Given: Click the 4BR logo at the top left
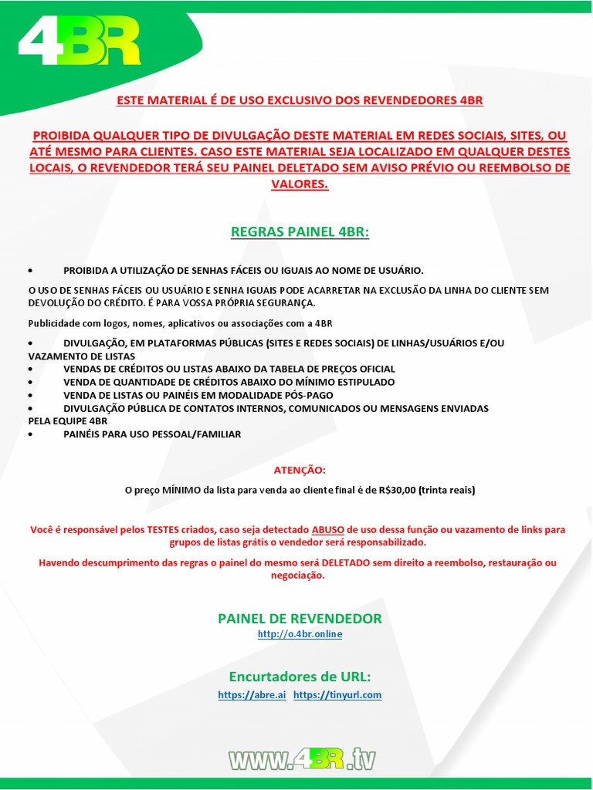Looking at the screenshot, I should [80, 43].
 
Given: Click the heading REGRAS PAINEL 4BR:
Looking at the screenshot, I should [300, 232].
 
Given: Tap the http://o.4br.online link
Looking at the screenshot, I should [300, 634].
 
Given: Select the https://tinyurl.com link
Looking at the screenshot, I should [337, 695].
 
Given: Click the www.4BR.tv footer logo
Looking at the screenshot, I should [302, 759].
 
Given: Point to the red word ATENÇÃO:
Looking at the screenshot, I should [300, 470].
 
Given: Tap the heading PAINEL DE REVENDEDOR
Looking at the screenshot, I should [300, 619].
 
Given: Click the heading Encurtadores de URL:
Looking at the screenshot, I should [300, 677].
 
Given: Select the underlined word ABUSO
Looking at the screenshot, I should [328, 530].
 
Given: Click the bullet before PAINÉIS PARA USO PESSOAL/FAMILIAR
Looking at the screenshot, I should [30, 435].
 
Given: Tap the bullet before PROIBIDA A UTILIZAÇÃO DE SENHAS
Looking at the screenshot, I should [30, 271].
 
